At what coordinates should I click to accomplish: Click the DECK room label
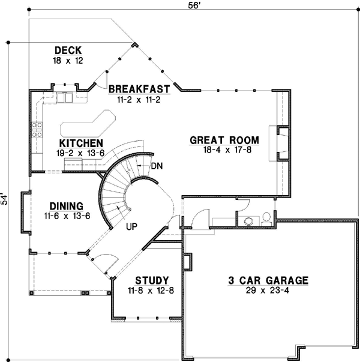[68, 50]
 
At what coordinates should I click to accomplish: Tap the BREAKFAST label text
[139, 89]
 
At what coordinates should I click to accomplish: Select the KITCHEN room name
[81, 143]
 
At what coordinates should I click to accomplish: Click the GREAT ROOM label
[224, 140]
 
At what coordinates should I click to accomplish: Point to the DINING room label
[66, 205]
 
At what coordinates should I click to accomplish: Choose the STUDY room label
[151, 280]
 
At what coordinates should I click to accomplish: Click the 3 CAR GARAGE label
[268, 280]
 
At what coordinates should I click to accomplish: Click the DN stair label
[157, 165]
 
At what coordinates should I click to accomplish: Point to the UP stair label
[133, 228]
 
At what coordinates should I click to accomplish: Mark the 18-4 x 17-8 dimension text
[224, 151]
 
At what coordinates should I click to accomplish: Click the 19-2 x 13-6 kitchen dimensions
[81, 153]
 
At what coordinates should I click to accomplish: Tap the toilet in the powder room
[266, 219]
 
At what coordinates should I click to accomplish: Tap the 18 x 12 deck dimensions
[68, 60]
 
